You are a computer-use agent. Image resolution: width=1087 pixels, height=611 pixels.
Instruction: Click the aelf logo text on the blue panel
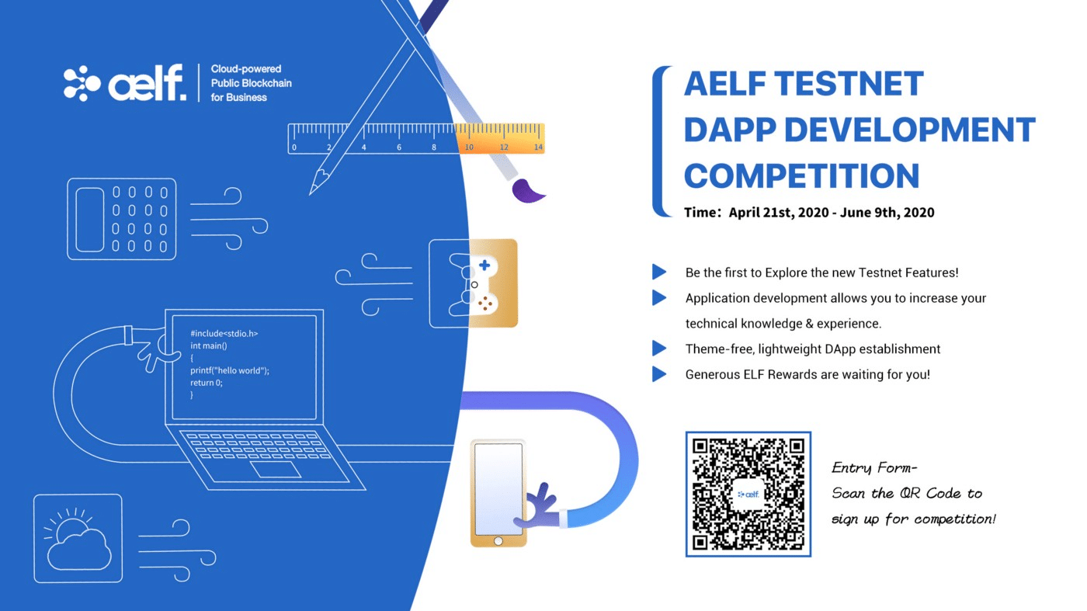(x=147, y=83)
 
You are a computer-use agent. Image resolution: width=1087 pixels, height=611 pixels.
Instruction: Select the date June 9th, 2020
(x=887, y=213)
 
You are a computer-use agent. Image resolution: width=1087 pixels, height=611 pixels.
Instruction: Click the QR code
(x=748, y=494)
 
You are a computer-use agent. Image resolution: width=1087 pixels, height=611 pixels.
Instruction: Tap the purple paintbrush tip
(x=527, y=191)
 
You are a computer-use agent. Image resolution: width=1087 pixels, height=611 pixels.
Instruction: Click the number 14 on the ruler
(x=538, y=147)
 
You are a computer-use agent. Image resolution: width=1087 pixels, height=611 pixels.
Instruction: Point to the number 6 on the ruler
(x=399, y=147)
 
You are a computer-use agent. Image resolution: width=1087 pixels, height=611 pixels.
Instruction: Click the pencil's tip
(x=310, y=194)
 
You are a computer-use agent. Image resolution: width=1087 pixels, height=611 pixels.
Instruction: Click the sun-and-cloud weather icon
(x=77, y=539)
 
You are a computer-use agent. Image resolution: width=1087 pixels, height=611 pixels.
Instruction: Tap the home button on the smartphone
(x=498, y=541)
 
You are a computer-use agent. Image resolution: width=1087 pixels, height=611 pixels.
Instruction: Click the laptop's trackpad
(x=275, y=470)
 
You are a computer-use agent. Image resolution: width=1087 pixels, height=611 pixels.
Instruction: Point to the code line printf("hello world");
(x=230, y=371)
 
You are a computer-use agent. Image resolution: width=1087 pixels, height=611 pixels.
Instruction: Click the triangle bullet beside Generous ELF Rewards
(x=659, y=374)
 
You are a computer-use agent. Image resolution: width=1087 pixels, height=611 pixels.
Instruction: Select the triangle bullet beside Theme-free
(x=659, y=349)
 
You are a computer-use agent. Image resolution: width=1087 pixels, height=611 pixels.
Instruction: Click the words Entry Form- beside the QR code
(x=874, y=468)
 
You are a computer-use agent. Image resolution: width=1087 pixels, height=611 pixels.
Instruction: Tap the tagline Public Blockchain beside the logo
(x=252, y=83)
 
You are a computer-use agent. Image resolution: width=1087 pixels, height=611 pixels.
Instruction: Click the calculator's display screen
(x=90, y=220)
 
